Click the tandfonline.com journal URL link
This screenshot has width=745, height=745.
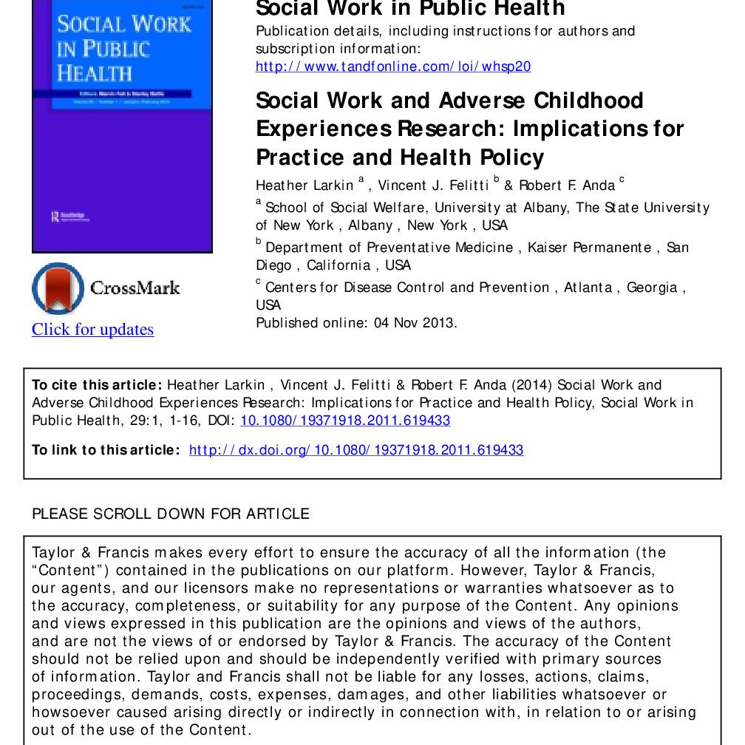coord(392,67)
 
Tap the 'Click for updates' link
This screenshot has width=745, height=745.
coord(92,330)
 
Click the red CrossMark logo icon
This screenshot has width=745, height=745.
coord(58,288)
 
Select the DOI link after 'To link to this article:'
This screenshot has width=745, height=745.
coord(356,450)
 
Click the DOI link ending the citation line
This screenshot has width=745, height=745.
coord(345,421)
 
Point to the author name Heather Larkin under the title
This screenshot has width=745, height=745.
coord(305,186)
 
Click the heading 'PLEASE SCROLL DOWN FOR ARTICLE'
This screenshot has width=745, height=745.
coord(171,514)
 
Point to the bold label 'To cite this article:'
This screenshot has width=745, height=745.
coord(97,385)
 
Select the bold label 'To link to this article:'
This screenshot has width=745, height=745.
coord(106,450)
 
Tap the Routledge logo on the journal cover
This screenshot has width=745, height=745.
coord(68,217)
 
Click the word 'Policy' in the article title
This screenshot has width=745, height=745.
coord(511,157)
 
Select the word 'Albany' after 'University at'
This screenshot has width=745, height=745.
coord(545,208)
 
